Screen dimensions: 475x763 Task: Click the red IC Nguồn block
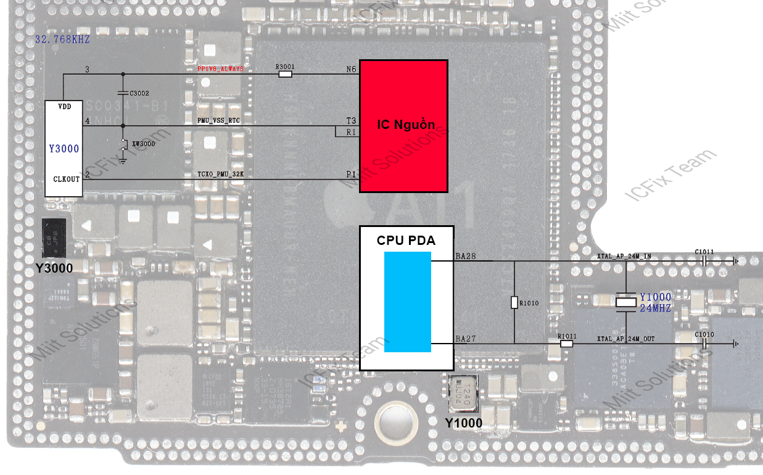pyautogui.click(x=403, y=126)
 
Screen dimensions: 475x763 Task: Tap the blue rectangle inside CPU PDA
pyautogui.click(x=407, y=302)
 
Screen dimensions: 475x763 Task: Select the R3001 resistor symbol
pyautogui.click(x=285, y=74)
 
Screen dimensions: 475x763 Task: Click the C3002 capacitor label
pyautogui.click(x=139, y=93)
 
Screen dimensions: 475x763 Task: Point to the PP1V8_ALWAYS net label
pyautogui.click(x=220, y=70)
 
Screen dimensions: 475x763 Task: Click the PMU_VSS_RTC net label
pyautogui.click(x=218, y=121)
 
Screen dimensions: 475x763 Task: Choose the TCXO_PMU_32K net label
pyautogui.click(x=221, y=175)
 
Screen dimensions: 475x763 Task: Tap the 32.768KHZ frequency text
pyautogui.click(x=62, y=39)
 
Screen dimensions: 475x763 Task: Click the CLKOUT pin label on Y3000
pyautogui.click(x=67, y=179)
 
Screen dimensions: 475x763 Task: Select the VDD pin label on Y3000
pyautogui.click(x=64, y=107)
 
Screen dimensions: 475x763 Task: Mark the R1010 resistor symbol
pyautogui.click(x=514, y=302)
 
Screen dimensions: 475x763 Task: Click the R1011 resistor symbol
pyautogui.click(x=566, y=344)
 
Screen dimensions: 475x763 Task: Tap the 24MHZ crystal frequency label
pyautogui.click(x=655, y=308)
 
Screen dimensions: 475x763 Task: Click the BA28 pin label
pyautogui.click(x=466, y=255)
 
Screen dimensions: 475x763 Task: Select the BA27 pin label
pyautogui.click(x=466, y=339)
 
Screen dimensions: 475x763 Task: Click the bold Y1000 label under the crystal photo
pyautogui.click(x=464, y=423)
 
